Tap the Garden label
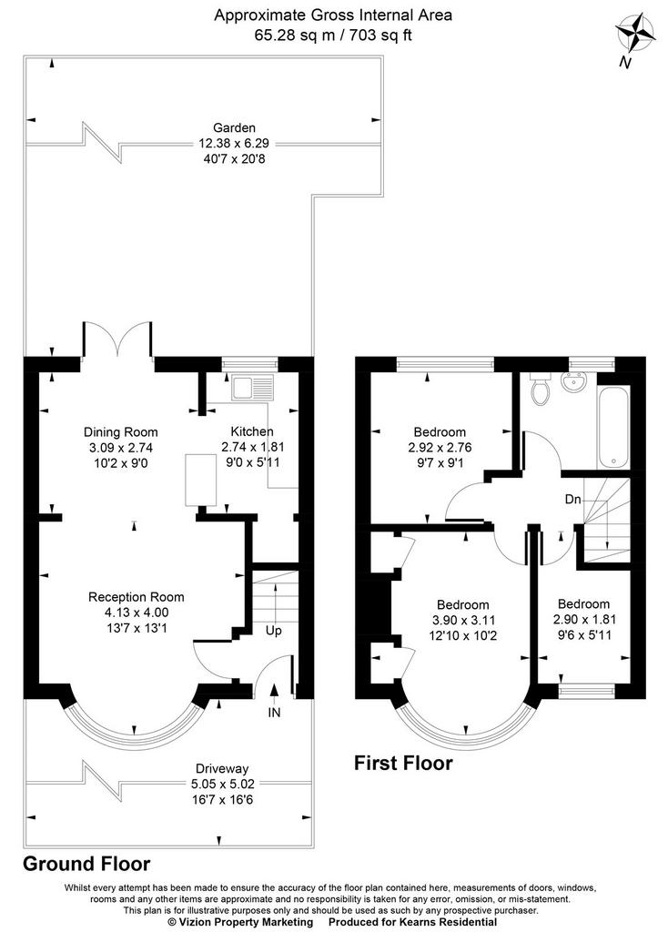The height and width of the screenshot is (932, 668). click(234, 127)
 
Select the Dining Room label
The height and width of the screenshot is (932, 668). click(121, 432)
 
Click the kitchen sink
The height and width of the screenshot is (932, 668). click(254, 387)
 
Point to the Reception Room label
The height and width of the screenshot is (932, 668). click(137, 597)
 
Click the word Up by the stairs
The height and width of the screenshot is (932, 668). click(273, 631)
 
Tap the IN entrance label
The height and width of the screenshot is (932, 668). click(274, 712)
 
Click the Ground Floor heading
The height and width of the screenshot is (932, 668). click(86, 864)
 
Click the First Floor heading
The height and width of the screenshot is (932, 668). click(403, 763)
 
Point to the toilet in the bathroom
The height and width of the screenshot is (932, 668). click(541, 390)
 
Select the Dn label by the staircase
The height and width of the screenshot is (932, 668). click(573, 500)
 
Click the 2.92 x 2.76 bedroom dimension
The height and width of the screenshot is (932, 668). click(440, 448)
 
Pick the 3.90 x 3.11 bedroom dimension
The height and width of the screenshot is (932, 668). click(463, 620)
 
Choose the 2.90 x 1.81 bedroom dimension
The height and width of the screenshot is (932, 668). click(583, 619)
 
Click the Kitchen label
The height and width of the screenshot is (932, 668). click(252, 431)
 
